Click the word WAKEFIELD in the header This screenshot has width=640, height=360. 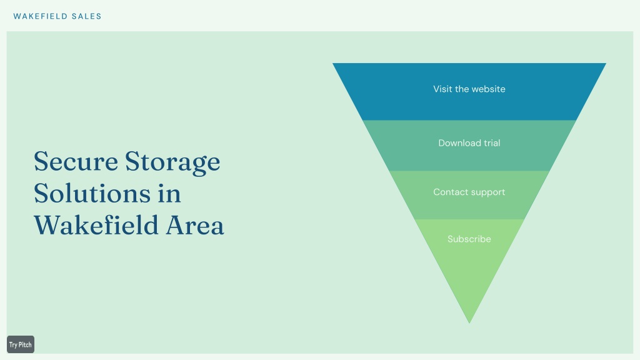pos(41,16)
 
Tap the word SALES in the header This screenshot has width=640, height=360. pos(86,16)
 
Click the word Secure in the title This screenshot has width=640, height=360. pos(76,161)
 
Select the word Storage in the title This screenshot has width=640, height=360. pos(172,162)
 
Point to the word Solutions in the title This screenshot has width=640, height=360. pos(92,193)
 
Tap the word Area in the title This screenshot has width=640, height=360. pos(195,225)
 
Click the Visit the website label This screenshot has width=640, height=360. pos(469,89)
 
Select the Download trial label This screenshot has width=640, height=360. pos(469,143)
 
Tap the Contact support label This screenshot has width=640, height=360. pos(469,192)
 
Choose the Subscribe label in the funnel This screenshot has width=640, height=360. pos(469,239)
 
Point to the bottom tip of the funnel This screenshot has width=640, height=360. pos(469,323)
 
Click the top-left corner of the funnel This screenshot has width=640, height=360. pos(332,63)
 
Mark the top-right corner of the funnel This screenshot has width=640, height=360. pos(606,63)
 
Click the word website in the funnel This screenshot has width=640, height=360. pos(489,89)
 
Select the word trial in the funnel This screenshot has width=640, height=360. pos(492,143)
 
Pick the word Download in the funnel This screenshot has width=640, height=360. pos(459,143)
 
